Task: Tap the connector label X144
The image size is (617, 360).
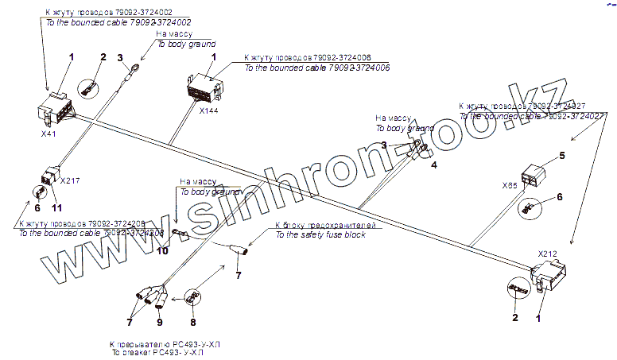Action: coord(209,110)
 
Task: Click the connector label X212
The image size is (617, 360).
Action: coord(547,254)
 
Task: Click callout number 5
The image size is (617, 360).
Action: coord(561,156)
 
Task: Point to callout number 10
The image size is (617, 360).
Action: coord(162,251)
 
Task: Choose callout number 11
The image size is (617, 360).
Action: coord(56,207)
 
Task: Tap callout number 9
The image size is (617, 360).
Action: coord(158,323)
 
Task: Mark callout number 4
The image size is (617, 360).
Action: coord(434,165)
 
